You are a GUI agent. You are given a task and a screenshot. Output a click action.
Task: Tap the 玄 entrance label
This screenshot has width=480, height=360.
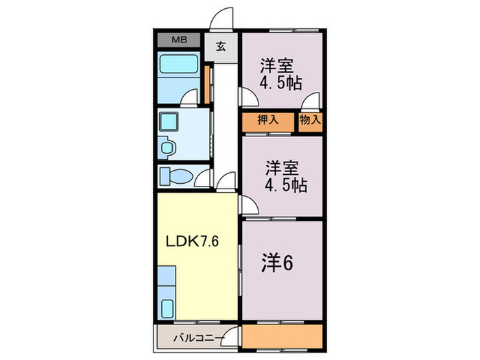coord(221,47)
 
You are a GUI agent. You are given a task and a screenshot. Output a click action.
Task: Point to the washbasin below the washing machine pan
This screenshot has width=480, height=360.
coord(167,145)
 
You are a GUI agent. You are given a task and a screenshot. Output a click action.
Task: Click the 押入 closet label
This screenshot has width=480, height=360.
coord(267,120)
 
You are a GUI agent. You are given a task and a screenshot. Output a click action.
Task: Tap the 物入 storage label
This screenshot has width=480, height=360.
coord(310,120)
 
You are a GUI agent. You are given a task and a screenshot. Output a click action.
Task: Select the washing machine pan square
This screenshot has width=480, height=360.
coord(168,121)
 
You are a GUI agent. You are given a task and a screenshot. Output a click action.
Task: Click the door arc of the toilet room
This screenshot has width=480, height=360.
coord(202,180)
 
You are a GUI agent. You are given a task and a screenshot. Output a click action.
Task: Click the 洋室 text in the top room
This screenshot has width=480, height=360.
coord(276,67)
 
